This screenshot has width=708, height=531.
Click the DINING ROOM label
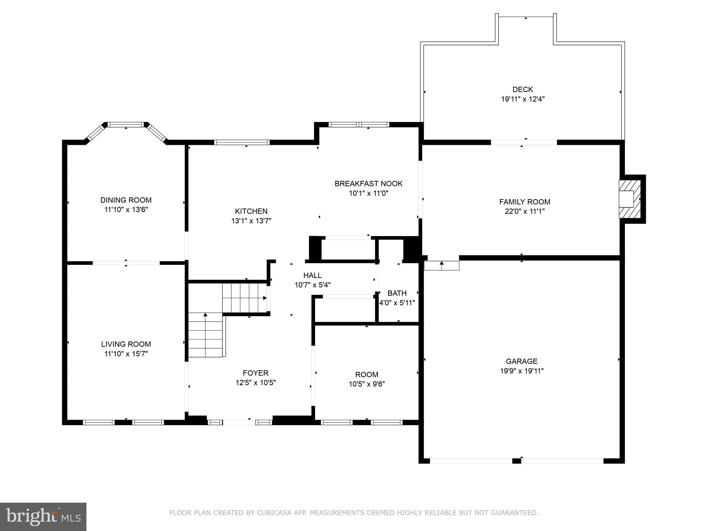pyautogui.click(x=126, y=200)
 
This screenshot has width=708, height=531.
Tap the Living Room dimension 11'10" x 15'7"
pyautogui.click(x=126, y=354)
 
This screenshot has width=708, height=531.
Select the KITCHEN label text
pyautogui.click(x=251, y=211)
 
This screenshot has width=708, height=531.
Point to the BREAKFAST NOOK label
pyautogui.click(x=369, y=184)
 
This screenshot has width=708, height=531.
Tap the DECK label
pyautogui.click(x=523, y=90)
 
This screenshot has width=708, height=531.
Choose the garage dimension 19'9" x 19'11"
pyautogui.click(x=522, y=371)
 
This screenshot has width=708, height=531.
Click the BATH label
pyautogui.click(x=397, y=293)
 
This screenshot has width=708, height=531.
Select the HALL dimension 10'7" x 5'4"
pyautogui.click(x=313, y=285)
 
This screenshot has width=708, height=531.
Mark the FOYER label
pyautogui.click(x=255, y=373)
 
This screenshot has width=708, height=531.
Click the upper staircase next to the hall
pyautogui.click(x=244, y=298)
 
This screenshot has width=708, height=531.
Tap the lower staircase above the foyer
pyautogui.click(x=205, y=335)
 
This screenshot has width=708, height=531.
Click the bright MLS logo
pyautogui.click(x=43, y=516)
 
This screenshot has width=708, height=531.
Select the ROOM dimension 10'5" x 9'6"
pyautogui.click(x=367, y=384)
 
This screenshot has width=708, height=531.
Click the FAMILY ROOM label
pyautogui.click(x=524, y=202)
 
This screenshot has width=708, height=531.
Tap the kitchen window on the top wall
pyautogui.click(x=242, y=142)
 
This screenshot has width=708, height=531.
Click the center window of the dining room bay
pyautogui.click(x=125, y=124)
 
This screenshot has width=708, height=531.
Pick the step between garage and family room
pyautogui.click(x=441, y=265)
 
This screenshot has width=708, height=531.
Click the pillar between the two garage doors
pyautogui.click(x=516, y=460)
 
